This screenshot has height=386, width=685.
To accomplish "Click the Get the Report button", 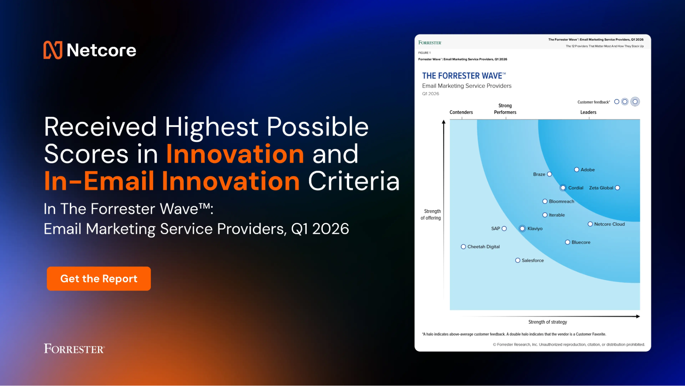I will pyautogui.click(x=99, y=279).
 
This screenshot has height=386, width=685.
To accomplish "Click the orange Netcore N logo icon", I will pyautogui.click(x=53, y=50).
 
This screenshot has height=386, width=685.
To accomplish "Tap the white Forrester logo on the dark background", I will pyautogui.click(x=74, y=349).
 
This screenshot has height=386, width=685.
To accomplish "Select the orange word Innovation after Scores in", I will pyautogui.click(x=235, y=154).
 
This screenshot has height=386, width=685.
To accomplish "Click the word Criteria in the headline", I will pyautogui.click(x=354, y=181).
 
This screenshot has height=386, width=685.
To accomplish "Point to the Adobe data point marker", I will pyautogui.click(x=576, y=170).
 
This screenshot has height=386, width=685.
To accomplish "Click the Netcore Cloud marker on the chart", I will pyautogui.click(x=590, y=224).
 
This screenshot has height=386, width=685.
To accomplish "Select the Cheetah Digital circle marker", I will pyautogui.click(x=463, y=247).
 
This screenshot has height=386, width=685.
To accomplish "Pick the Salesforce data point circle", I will pyautogui.click(x=518, y=260).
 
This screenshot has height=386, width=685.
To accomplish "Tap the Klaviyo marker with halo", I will pyautogui.click(x=522, y=229).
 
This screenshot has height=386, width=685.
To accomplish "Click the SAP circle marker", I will pyautogui.click(x=504, y=229).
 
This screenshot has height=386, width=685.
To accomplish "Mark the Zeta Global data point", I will pyautogui.click(x=617, y=188).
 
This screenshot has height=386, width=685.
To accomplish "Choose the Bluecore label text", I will pyautogui.click(x=581, y=242).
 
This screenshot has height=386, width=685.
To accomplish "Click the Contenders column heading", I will pyautogui.click(x=461, y=112).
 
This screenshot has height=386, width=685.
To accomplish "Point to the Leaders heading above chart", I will pyautogui.click(x=588, y=112).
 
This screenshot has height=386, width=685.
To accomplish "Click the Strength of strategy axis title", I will pyautogui.click(x=547, y=322).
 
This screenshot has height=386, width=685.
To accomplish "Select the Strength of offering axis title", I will pyautogui.click(x=431, y=214).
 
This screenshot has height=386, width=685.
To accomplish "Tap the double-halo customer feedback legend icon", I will pyautogui.click(x=635, y=102).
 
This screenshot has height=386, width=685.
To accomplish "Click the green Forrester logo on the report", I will pyautogui.click(x=430, y=43).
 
